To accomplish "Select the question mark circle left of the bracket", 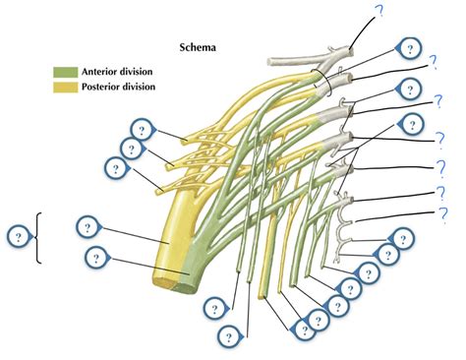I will pos(17,237).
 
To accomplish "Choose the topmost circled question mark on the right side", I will pos(405,47).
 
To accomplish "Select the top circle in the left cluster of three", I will pos(142,130).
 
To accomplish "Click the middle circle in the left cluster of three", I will pos(128,149).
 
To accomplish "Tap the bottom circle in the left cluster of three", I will pos(116,168).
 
